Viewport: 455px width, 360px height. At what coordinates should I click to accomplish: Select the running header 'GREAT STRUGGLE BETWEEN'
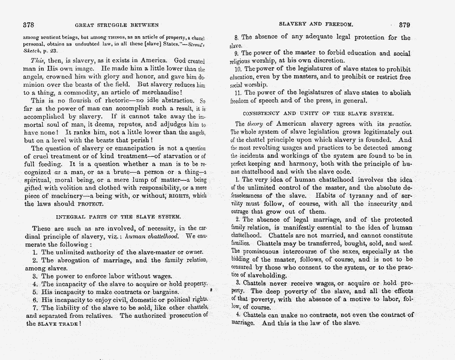click(116, 25)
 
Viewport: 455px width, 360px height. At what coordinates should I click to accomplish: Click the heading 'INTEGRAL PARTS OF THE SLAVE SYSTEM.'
click(118, 217)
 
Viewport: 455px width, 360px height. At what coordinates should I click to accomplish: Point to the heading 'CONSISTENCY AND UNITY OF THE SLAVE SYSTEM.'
click(318, 113)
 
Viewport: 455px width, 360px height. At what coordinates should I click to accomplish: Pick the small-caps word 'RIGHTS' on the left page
click(180, 195)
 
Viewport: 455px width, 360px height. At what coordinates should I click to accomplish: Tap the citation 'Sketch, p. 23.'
click(40, 51)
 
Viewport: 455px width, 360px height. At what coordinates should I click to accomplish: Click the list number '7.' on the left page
click(35, 308)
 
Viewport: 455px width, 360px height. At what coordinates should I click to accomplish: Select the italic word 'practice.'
click(399, 124)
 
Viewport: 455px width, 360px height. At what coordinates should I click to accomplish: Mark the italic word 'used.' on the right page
click(405, 243)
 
